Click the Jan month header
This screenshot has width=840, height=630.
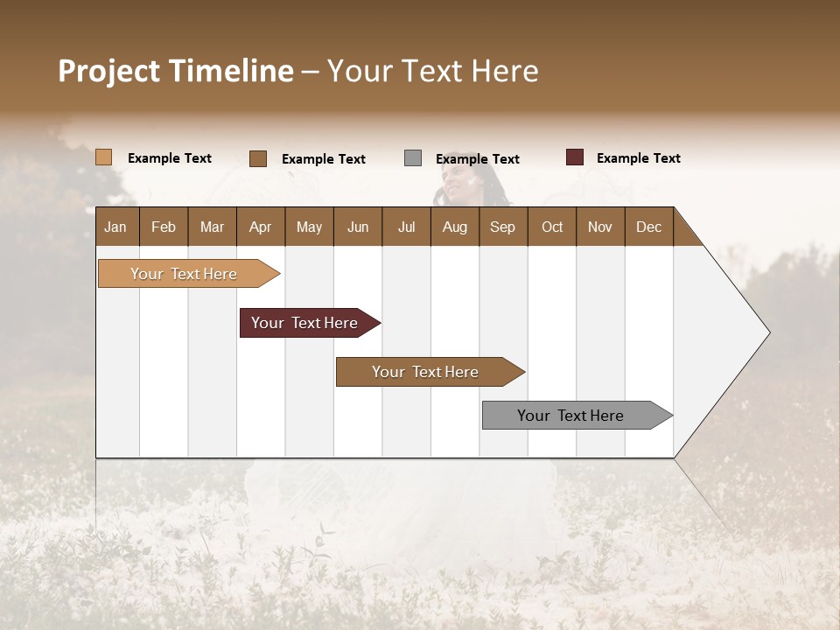point(115,227)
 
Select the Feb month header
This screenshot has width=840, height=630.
point(164,227)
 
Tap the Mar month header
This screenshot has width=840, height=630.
point(212,227)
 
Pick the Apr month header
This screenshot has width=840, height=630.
point(260,227)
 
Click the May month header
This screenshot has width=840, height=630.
point(309,227)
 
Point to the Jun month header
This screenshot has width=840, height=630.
point(358,227)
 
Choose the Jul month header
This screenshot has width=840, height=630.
point(406,227)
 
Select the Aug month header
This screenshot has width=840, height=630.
point(454,227)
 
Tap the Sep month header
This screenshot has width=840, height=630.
point(502,227)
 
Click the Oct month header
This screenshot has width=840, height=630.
point(552,227)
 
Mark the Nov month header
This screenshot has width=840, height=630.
point(600,227)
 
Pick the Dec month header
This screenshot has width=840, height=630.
point(648,227)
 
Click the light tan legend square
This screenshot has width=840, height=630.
point(103,157)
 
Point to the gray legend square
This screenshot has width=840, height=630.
point(413,158)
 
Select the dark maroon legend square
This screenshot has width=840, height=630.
point(574,157)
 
